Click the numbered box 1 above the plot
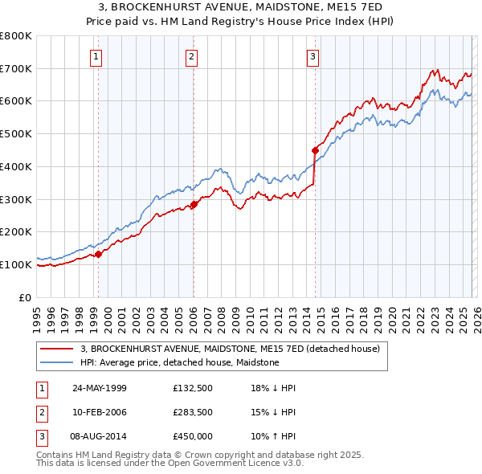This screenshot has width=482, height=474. coord(96,56)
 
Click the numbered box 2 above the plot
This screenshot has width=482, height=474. coord(192,56)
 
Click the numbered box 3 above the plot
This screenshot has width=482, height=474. coord(312,56)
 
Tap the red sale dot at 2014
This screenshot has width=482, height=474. coord(315,149)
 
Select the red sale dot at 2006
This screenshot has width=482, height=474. coord(194,205)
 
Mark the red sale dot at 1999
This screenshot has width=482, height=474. coord(98,254)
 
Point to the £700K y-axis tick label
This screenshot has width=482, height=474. coord(16,68)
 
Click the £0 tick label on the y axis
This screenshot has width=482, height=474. coord(24,297)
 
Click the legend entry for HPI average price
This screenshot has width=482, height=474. coord(179,362)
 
